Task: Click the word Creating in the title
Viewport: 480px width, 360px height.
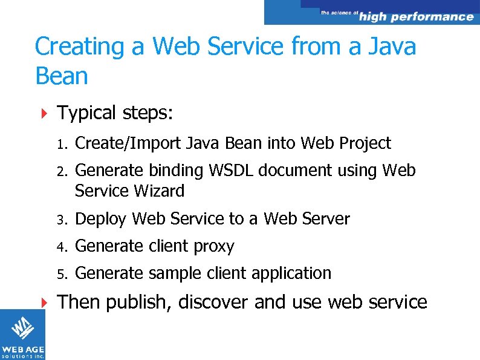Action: pos(74,47)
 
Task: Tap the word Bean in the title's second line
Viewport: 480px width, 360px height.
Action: pos(62,77)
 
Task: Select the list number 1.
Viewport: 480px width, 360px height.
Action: pos(61,144)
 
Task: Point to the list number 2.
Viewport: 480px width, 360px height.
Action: pos(62,171)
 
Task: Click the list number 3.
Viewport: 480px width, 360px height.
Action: pos(62,219)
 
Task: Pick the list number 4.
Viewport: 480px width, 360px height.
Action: pos(62,247)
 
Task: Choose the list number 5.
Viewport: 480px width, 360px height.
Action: pos(62,274)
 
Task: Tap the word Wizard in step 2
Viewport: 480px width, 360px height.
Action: pos(159,191)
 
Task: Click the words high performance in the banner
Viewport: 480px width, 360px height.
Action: pos(416,17)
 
